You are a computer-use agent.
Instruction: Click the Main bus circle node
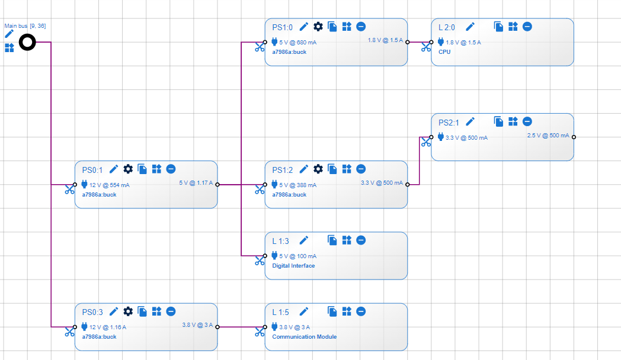tap(27, 43)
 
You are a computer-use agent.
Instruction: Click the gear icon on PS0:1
tap(128, 169)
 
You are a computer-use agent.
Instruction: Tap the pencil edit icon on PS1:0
tap(303, 27)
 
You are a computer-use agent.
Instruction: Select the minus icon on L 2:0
tap(527, 27)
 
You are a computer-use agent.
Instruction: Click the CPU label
tap(444, 52)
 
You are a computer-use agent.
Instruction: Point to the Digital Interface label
tap(293, 266)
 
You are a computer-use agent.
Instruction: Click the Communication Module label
tap(304, 337)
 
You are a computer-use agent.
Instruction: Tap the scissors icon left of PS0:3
tap(70, 332)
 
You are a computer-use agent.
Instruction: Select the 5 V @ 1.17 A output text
tap(196, 183)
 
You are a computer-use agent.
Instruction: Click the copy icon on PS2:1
tap(499, 121)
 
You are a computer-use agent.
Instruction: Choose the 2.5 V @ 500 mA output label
tap(548, 136)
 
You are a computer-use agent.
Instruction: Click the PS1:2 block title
tap(282, 169)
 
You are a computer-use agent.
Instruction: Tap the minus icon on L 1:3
tap(361, 240)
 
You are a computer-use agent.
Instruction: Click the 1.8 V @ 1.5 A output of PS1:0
tap(385, 40)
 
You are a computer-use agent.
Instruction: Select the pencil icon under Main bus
tap(9, 34)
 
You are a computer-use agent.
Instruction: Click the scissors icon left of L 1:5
tap(260, 332)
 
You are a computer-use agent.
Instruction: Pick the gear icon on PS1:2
tap(318, 169)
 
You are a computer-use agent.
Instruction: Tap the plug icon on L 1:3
tap(274, 256)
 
